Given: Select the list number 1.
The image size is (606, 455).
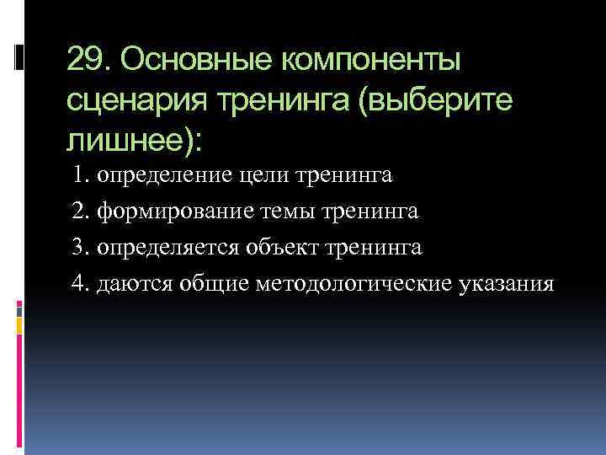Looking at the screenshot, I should pos(81,176).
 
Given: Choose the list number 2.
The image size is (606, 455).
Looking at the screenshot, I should pos(81,211).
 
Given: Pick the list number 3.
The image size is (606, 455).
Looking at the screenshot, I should pos(81,248).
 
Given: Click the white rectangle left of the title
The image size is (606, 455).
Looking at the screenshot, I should pos(20,56).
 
